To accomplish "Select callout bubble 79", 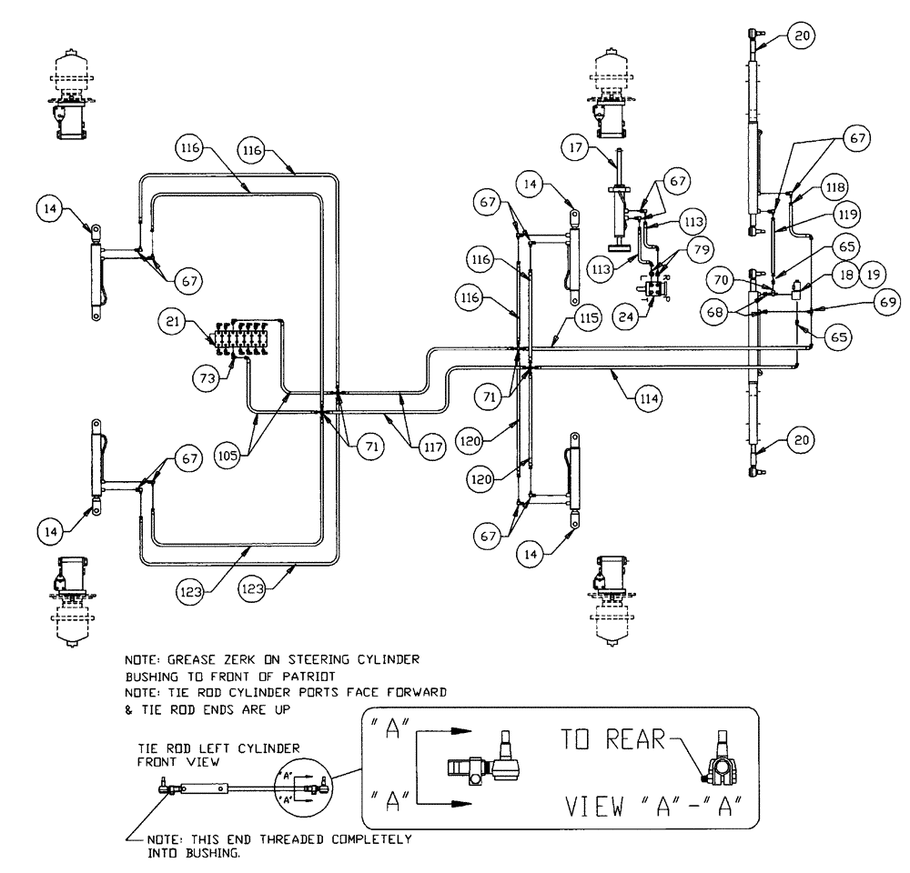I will click(x=701, y=247).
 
